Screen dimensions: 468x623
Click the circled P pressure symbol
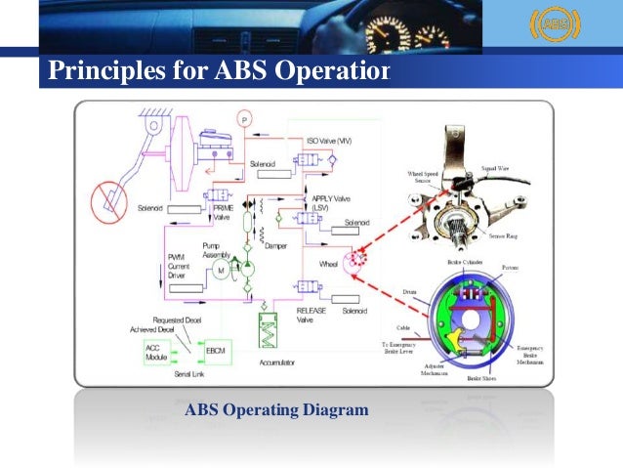[244, 119]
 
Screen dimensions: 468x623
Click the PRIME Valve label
[222, 213]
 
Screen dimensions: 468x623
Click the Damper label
[290, 248]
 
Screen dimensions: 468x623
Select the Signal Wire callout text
[498, 170]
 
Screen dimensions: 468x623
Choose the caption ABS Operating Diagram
[276, 410]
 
